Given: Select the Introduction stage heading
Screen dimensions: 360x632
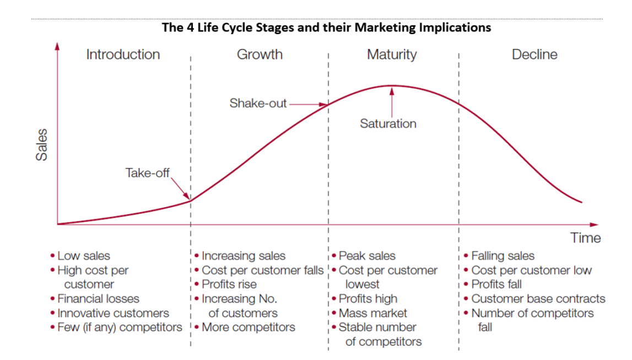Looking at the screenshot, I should (x=123, y=55).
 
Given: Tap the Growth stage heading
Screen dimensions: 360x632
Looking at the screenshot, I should (x=260, y=55).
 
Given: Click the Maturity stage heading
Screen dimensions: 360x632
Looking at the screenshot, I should (x=392, y=55).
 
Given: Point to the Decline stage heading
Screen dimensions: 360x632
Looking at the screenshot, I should (x=534, y=55).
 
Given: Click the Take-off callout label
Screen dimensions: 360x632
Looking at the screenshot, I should (x=149, y=173).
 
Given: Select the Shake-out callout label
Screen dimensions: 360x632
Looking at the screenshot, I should (x=258, y=104).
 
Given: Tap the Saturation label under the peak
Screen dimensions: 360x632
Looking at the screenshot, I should (x=388, y=123).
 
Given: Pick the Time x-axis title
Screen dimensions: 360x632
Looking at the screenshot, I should (x=586, y=238).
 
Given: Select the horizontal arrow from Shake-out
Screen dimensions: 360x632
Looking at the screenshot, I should (x=309, y=104).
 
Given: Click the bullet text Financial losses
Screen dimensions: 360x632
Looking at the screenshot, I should (x=98, y=299).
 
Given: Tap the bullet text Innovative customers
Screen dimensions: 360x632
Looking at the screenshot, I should (x=113, y=313).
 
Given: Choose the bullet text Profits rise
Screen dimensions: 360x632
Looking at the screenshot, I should (x=229, y=284).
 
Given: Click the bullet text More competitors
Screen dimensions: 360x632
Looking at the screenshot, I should (x=248, y=327).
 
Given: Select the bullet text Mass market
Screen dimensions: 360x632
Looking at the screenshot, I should (x=372, y=313).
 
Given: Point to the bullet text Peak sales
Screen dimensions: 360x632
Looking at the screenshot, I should (x=367, y=256).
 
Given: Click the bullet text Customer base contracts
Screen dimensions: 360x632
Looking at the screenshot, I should (x=538, y=299).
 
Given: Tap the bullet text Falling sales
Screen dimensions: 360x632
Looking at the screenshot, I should (x=503, y=256).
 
